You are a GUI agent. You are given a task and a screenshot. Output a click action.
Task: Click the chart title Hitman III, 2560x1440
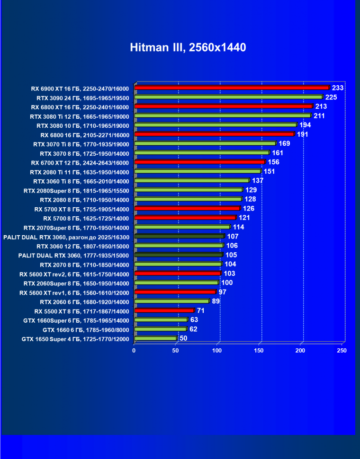click(188, 48)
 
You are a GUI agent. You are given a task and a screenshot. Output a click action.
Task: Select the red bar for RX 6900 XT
click(232, 88)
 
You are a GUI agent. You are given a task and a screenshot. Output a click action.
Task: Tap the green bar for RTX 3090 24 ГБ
click(228, 97)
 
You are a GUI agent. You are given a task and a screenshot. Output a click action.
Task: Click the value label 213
click(321, 106)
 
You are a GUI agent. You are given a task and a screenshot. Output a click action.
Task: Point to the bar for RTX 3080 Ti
click(223, 115)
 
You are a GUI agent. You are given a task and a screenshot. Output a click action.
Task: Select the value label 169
click(284, 143)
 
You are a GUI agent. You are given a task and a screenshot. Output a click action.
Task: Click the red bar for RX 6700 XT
click(199, 162)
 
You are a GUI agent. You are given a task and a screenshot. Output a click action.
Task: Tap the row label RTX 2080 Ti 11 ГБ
click(79, 171)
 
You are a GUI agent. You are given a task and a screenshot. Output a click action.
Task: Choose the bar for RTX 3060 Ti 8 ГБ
click(192, 181)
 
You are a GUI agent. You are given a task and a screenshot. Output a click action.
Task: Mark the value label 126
click(249, 208)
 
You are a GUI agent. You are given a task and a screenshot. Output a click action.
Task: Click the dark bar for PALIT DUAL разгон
click(180, 236)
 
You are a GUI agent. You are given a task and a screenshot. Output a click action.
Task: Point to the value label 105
click(231, 255)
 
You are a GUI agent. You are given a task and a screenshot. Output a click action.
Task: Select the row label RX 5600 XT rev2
click(74, 274)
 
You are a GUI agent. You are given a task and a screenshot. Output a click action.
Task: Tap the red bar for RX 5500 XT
click(164, 310)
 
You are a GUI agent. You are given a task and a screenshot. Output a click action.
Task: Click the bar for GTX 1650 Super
click(155, 338)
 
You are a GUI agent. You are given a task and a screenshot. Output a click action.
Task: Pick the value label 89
click(216, 301)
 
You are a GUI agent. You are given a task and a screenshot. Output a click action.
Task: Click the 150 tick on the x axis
click(259, 351)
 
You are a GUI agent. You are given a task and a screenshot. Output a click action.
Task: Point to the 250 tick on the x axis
click(342, 351)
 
